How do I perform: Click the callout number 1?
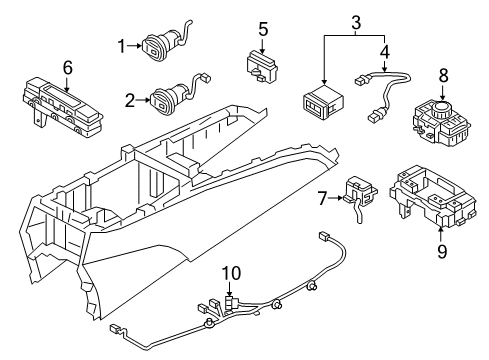(x=123, y=45)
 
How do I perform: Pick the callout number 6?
(x=68, y=67)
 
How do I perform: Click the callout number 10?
(x=230, y=272)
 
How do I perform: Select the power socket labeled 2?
(x=165, y=98)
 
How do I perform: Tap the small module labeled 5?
(x=262, y=66)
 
